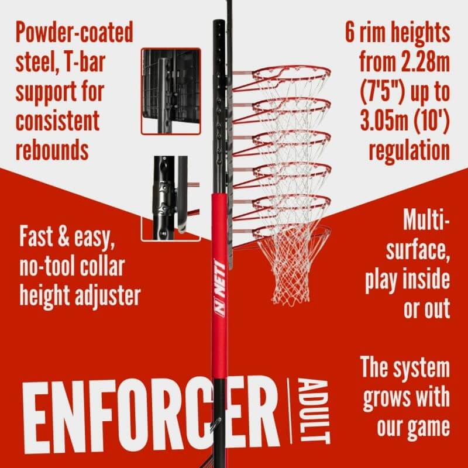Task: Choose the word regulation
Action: (409, 150)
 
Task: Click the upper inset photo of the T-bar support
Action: (171, 91)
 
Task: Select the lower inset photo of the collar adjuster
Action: (170, 198)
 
